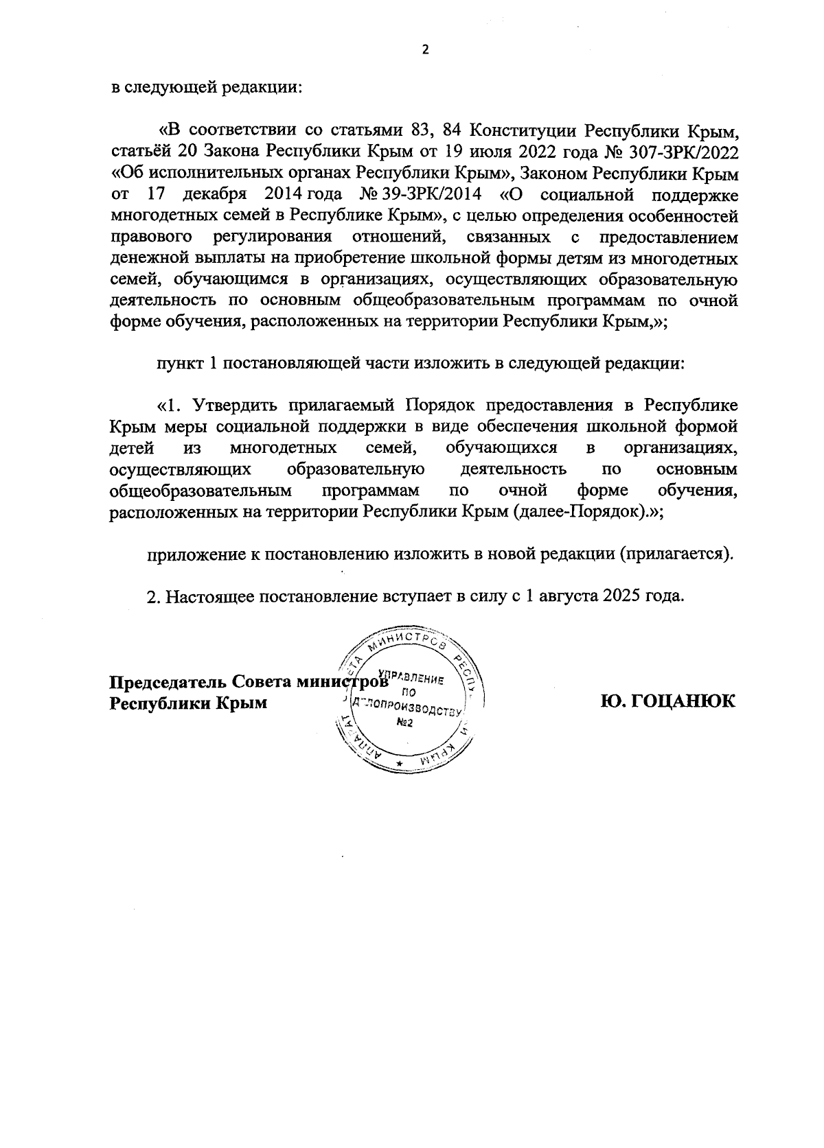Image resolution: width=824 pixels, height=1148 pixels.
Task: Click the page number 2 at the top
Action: [424, 50]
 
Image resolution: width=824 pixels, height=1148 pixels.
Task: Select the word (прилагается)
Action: [676, 554]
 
